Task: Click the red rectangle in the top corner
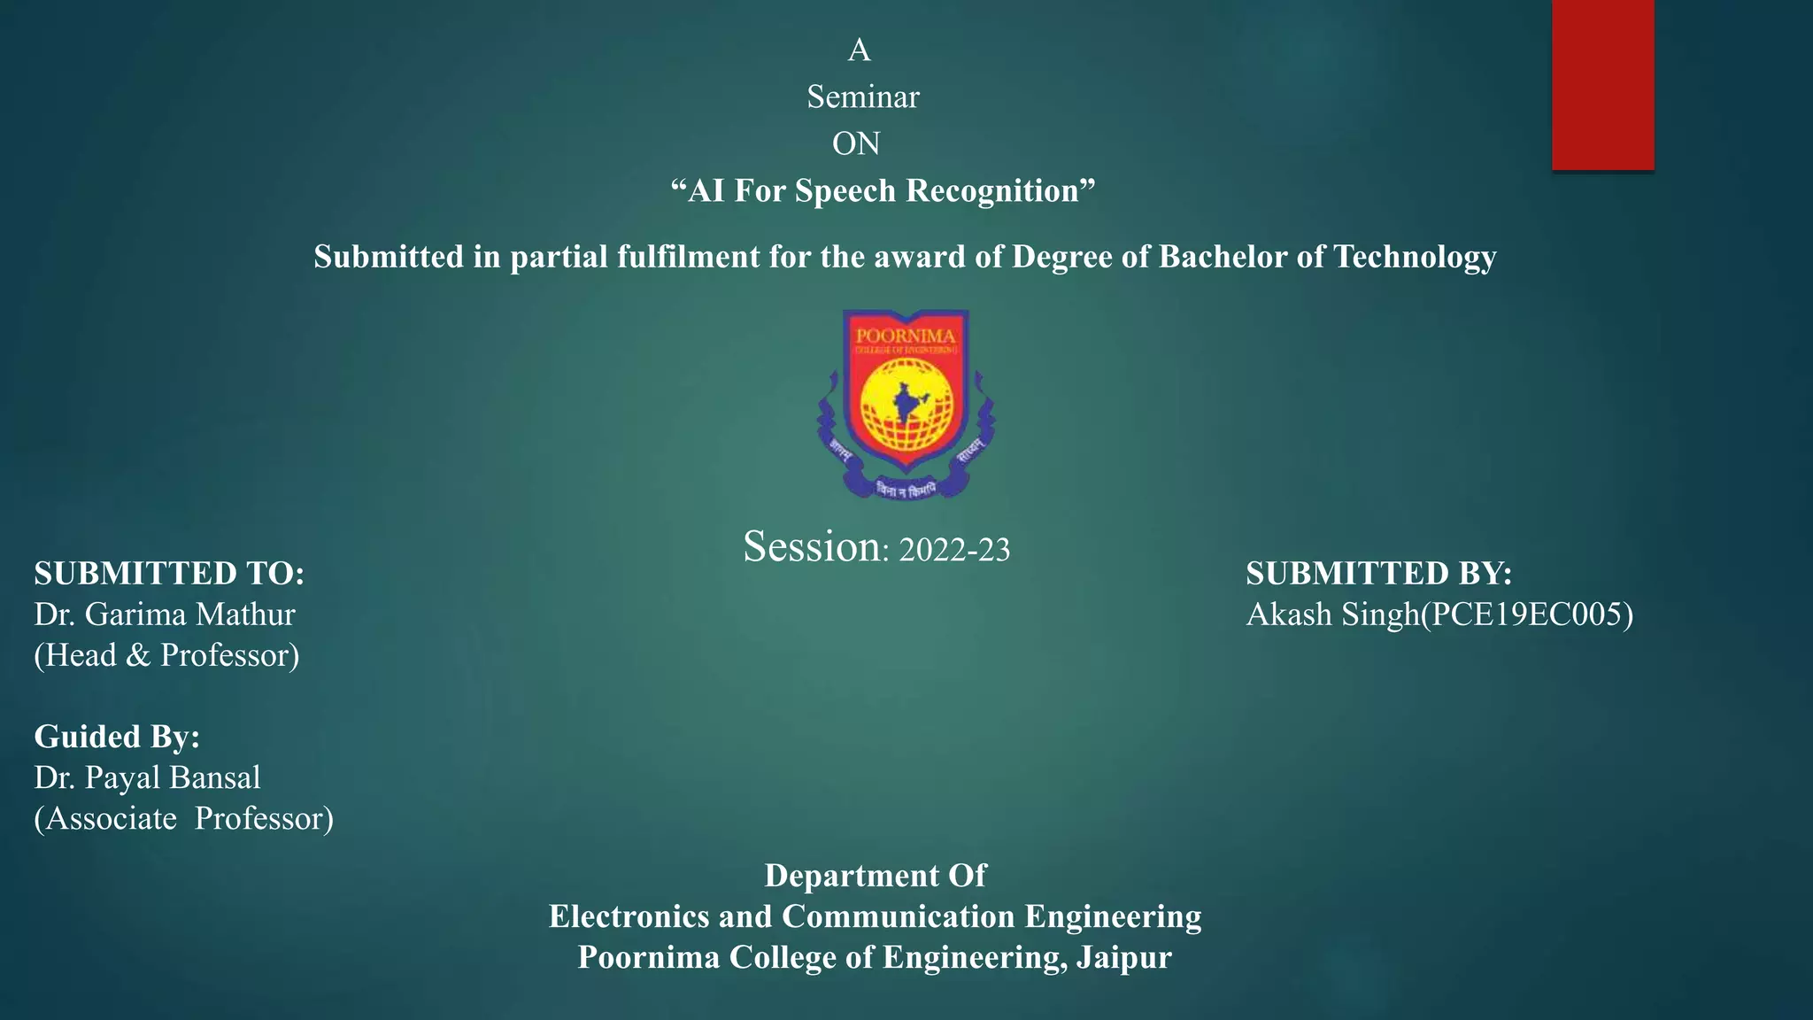(x=1602, y=84)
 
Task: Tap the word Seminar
(x=863, y=97)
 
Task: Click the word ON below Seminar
(x=856, y=143)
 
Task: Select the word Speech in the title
(x=845, y=190)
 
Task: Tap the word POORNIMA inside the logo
(x=905, y=336)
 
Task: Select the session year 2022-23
(x=954, y=550)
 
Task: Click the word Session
(x=812, y=546)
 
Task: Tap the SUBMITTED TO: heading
(x=169, y=574)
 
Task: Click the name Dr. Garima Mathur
(x=165, y=614)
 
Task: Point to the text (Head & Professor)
(x=166, y=655)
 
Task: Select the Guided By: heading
(x=117, y=737)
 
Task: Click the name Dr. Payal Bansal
(x=147, y=777)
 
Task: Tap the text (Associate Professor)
(x=184, y=818)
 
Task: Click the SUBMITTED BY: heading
(x=1378, y=574)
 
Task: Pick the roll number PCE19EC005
(x=1527, y=614)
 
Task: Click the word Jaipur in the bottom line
(x=1123, y=957)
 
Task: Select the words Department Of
(x=875, y=876)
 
